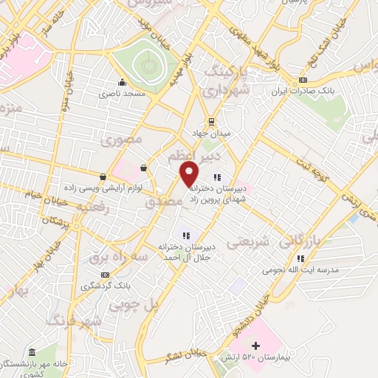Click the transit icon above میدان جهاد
coord(211,121)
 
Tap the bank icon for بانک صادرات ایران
coord(303,80)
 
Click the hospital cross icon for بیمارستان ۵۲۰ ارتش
coord(255,346)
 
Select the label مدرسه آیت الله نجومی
coord(300,270)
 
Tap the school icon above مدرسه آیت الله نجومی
coord(300,258)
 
